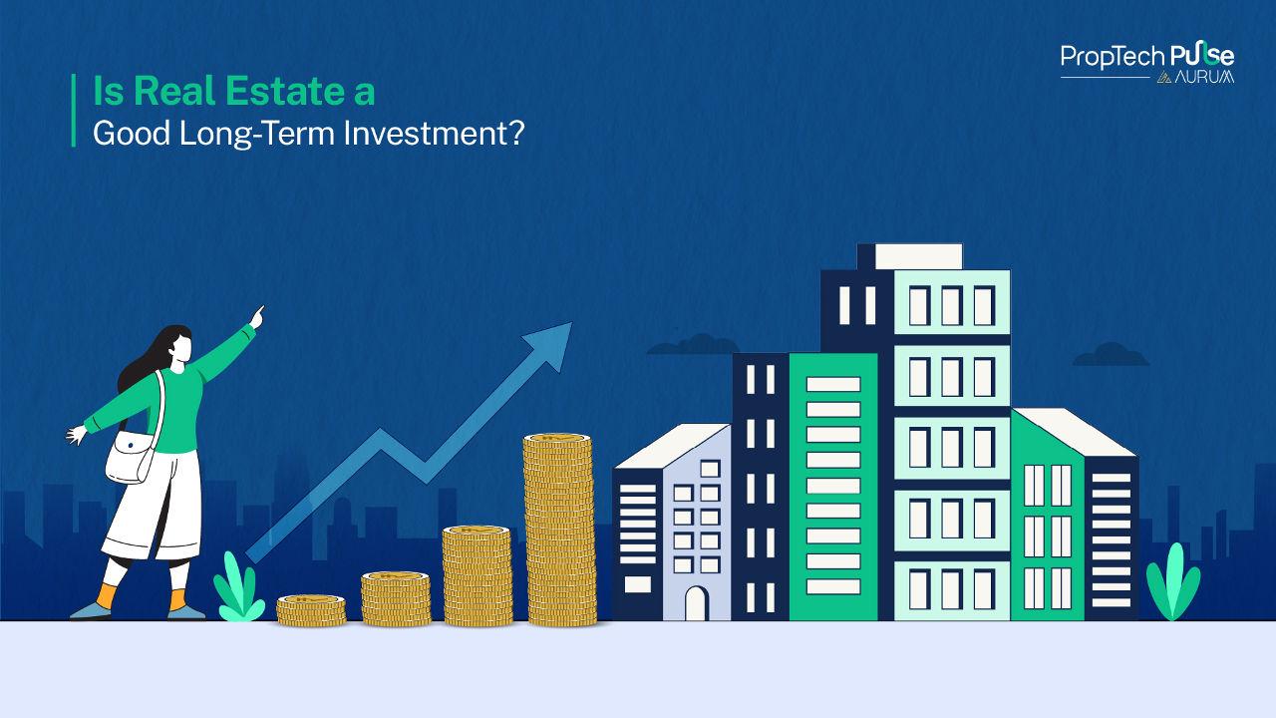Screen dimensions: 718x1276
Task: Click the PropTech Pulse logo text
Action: pyautogui.click(x=1146, y=56)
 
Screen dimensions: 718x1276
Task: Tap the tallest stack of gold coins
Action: pyautogui.click(x=559, y=530)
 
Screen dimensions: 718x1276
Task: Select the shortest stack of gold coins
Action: pyautogui.click(x=311, y=609)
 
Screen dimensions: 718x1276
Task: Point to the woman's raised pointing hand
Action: pyautogui.click(x=257, y=316)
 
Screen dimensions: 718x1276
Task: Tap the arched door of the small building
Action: pyautogui.click(x=695, y=602)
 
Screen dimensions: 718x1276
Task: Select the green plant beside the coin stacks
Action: pyautogui.click(x=234, y=589)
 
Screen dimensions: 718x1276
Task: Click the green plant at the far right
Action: pyautogui.click(x=1172, y=583)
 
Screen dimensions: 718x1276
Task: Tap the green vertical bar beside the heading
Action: pyautogui.click(x=74, y=111)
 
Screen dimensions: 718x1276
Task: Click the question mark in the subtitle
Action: pyautogui.click(x=515, y=133)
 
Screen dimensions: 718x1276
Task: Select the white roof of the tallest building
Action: pyautogui.click(x=917, y=255)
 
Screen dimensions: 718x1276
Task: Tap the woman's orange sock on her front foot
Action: pyautogui.click(x=179, y=600)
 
